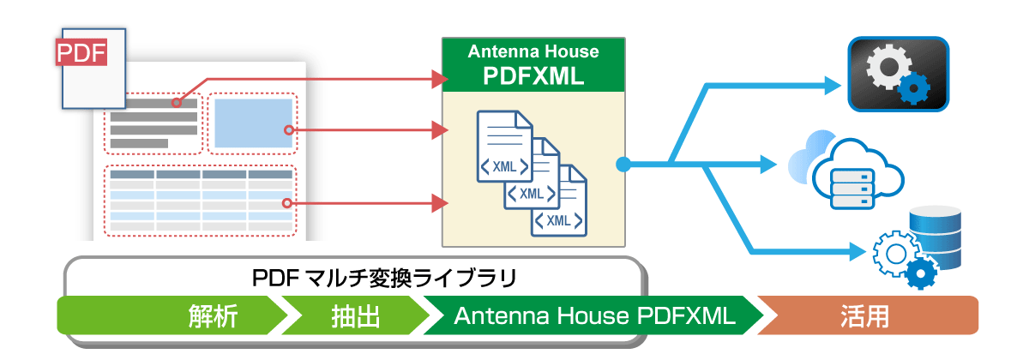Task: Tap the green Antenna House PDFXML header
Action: (x=533, y=65)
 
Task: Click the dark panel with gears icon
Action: (x=898, y=75)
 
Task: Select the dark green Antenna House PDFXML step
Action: (x=592, y=315)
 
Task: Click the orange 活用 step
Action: (x=866, y=315)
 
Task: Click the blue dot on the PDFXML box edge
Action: (x=623, y=162)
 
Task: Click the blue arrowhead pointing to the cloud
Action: (x=771, y=161)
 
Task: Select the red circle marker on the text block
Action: (x=175, y=103)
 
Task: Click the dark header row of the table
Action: (x=201, y=174)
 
